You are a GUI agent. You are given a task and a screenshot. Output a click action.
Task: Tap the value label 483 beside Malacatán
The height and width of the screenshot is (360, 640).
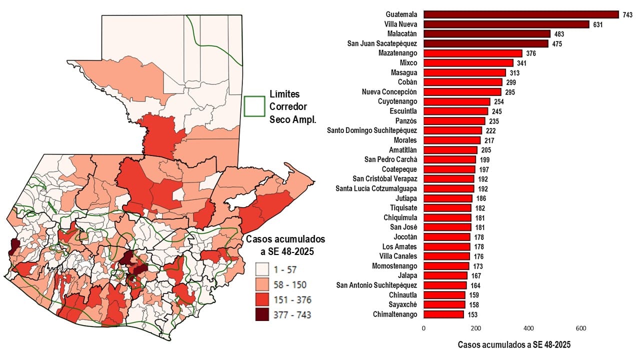559,34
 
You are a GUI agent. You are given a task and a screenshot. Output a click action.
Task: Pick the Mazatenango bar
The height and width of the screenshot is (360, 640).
473,53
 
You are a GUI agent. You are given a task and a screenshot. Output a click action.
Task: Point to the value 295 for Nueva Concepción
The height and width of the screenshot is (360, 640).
509,92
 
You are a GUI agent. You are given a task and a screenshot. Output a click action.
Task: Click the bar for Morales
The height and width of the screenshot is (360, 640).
452,140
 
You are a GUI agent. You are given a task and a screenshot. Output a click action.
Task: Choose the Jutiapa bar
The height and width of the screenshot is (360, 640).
448,198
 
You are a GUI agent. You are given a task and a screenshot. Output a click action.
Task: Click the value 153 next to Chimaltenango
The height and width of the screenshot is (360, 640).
472,314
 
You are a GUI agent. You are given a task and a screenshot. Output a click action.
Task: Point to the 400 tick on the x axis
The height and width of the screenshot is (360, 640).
528,328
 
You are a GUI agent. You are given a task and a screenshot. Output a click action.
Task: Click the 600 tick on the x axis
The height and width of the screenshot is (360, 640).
581,328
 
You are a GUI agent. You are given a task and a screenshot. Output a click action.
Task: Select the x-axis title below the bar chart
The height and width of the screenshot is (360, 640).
514,344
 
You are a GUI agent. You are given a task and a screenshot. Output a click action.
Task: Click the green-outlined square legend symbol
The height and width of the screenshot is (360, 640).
254,106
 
